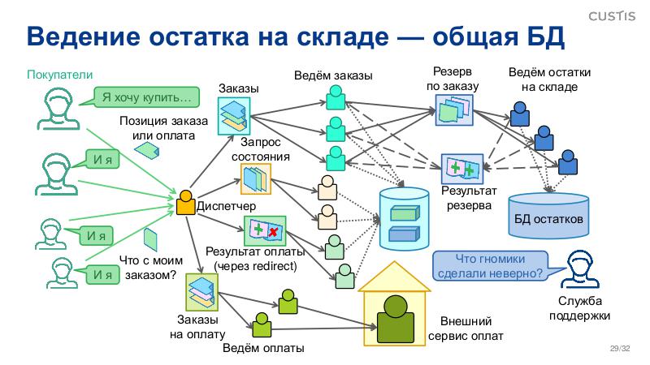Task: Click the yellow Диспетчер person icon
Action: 185,202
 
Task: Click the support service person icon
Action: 578,272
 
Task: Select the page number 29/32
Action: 620,349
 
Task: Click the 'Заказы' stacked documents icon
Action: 232,113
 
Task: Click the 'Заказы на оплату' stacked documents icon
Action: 199,289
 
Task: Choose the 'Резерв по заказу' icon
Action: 452,109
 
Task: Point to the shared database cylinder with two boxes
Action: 404,220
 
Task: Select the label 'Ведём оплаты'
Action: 263,349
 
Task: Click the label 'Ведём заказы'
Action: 333,75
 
